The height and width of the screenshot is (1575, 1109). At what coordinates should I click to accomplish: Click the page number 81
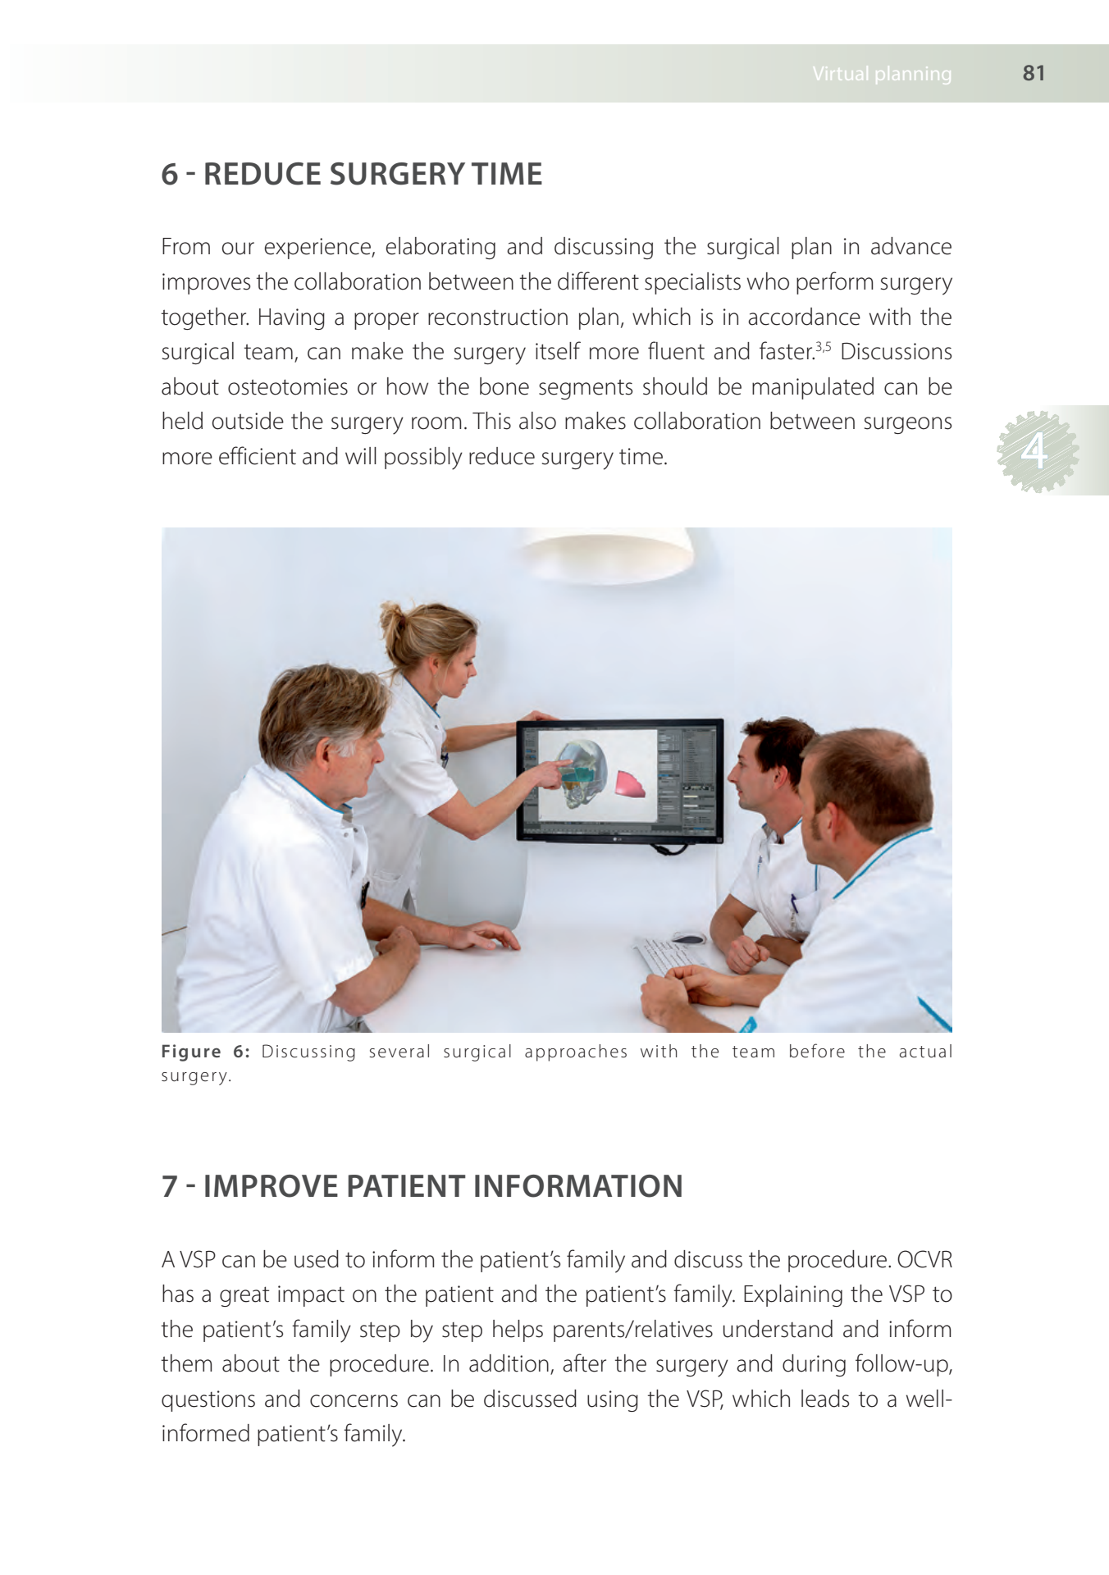[1034, 73]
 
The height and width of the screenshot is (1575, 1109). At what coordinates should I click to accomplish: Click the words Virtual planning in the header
[882, 74]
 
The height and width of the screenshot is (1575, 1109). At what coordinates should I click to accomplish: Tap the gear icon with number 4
[1038, 451]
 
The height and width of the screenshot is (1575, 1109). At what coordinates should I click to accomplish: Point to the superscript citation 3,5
[823, 346]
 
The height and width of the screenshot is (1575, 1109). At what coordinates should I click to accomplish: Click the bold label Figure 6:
[205, 1052]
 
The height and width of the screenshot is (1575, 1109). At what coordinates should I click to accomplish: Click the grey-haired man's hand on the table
[484, 935]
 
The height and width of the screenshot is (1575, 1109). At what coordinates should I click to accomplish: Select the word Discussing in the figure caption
[308, 1052]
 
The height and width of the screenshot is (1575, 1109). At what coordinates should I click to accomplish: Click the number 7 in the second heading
[169, 1186]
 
